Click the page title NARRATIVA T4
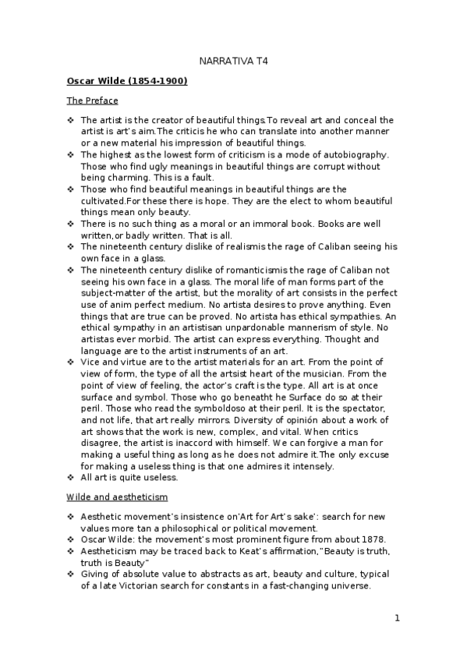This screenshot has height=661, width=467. [234, 61]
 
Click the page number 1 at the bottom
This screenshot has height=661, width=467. [397, 619]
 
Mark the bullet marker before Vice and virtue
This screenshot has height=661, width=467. [71, 363]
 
